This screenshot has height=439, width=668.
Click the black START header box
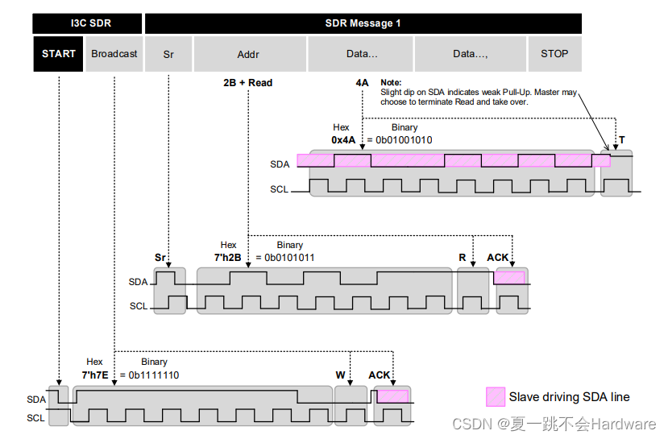(x=58, y=54)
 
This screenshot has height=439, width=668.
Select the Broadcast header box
(x=114, y=54)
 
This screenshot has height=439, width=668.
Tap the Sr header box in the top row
(x=168, y=54)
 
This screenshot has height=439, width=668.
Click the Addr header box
(x=248, y=54)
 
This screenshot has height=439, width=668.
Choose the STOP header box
(x=554, y=54)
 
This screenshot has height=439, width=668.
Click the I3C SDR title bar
(x=88, y=23)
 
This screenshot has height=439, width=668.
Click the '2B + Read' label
(x=248, y=82)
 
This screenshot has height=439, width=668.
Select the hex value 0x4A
(x=343, y=140)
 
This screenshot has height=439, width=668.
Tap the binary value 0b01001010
(x=404, y=140)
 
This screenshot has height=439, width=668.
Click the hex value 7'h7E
(x=95, y=375)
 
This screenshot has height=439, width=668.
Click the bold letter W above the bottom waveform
(x=340, y=375)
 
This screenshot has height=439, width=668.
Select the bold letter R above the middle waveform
(x=463, y=258)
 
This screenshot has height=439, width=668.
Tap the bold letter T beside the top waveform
(x=621, y=140)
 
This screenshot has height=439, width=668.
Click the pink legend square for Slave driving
(x=496, y=397)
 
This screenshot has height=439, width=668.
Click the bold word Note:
(x=391, y=82)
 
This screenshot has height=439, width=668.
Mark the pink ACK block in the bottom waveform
(x=393, y=396)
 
